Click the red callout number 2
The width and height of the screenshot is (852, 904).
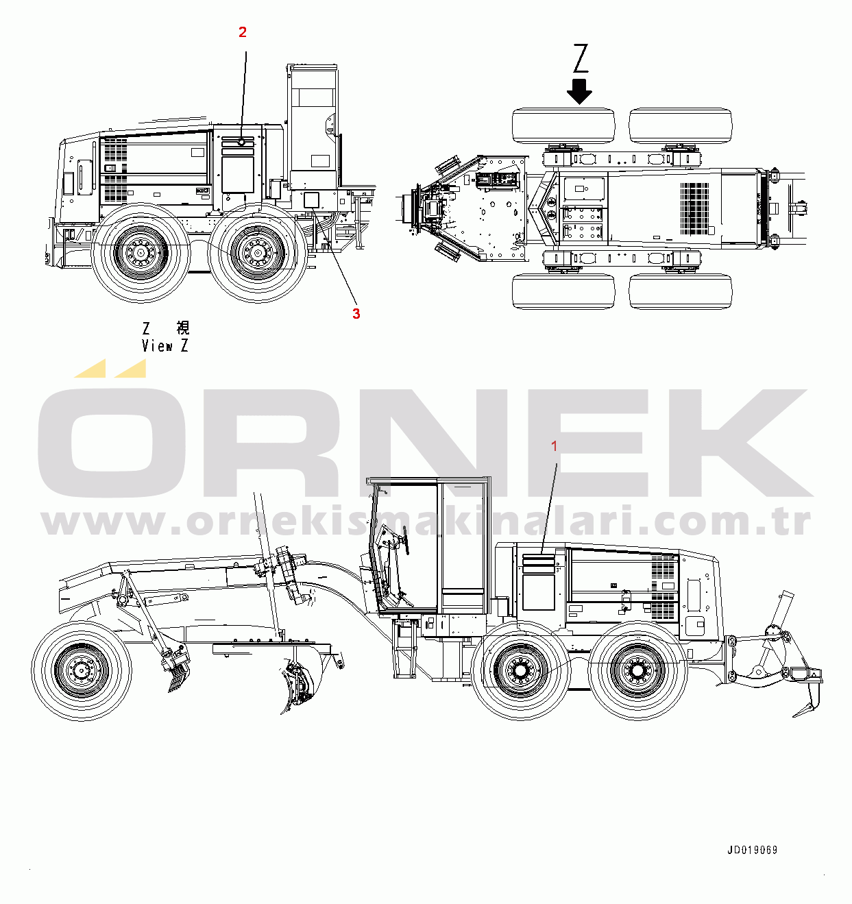(242, 32)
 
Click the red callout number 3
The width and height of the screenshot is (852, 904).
(356, 314)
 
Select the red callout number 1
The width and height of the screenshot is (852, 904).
(555, 446)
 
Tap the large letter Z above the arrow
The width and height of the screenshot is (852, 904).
(580, 58)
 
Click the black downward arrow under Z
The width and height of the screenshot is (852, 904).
(579, 91)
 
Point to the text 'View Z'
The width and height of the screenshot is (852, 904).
(165, 346)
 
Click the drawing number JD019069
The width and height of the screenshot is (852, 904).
(753, 850)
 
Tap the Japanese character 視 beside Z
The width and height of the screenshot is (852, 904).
(182, 328)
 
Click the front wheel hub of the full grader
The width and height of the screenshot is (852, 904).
(82, 670)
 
